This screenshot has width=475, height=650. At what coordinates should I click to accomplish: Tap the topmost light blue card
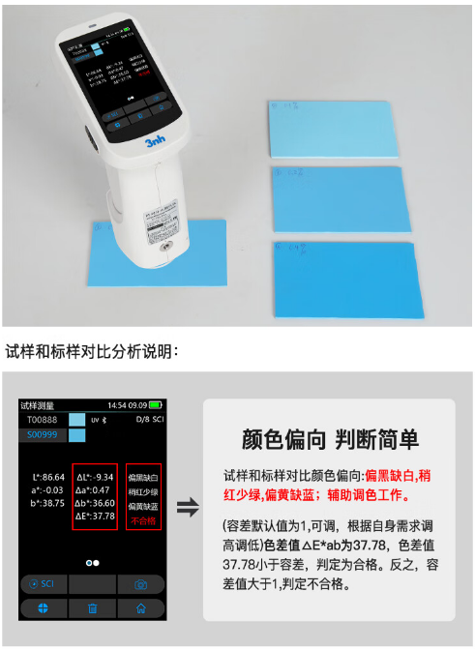pyautogui.click(x=333, y=129)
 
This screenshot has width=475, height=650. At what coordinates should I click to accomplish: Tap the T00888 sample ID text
pyautogui.click(x=43, y=421)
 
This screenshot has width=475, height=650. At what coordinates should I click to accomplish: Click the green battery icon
pyautogui.click(x=156, y=405)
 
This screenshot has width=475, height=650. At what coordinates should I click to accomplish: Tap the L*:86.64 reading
pyautogui.click(x=48, y=477)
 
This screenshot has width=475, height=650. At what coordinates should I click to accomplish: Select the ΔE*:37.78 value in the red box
pyautogui.click(x=96, y=516)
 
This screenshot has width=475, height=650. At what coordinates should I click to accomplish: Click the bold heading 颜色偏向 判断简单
pyautogui.click(x=329, y=440)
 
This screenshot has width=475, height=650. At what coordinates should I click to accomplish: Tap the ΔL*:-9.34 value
pyautogui.click(x=96, y=477)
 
